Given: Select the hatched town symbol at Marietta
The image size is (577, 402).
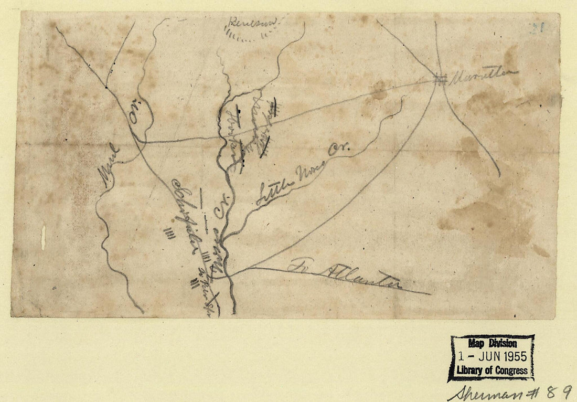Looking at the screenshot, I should pos(441,79).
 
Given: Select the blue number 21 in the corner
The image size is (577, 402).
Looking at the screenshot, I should pos(536,28).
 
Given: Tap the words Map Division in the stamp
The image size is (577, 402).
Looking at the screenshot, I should pos(491,344).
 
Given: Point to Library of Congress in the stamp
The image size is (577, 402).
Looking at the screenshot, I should pos(491,369).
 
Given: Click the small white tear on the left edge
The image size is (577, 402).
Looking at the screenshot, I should pos(43,237).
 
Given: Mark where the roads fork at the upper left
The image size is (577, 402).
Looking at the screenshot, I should pos(106,87).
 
